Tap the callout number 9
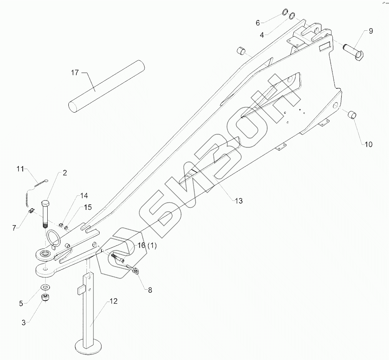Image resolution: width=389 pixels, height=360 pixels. pyautogui.click(x=371, y=31)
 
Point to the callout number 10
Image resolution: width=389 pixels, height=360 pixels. pyautogui.click(x=368, y=144)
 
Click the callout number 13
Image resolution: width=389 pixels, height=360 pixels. pyautogui.click(x=239, y=201)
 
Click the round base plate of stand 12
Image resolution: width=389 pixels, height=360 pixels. pyautogui.click(x=90, y=347)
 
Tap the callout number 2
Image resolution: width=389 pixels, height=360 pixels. pyautogui.click(x=65, y=173)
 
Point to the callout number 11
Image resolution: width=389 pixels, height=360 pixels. pyautogui.click(x=20, y=169)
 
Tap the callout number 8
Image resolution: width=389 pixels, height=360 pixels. pyautogui.click(x=150, y=290)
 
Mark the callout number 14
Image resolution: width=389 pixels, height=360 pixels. pyautogui.click(x=84, y=196)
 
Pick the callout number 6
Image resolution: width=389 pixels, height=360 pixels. pyautogui.click(x=258, y=23)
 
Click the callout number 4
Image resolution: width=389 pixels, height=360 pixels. pyautogui.click(x=262, y=35)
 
